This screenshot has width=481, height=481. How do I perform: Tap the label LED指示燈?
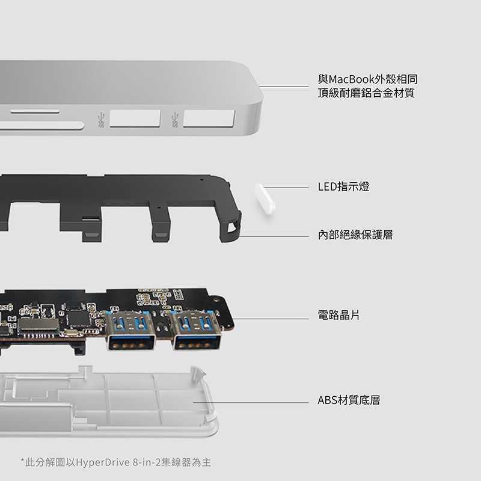(x=343, y=187)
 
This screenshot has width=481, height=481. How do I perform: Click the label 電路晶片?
(x=339, y=314)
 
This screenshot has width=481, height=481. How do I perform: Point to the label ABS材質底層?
(x=348, y=400)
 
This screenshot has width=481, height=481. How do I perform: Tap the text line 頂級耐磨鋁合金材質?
(x=366, y=93)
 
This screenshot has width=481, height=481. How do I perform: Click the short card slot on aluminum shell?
(x=34, y=112)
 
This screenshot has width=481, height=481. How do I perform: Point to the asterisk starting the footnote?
(x=23, y=461)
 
